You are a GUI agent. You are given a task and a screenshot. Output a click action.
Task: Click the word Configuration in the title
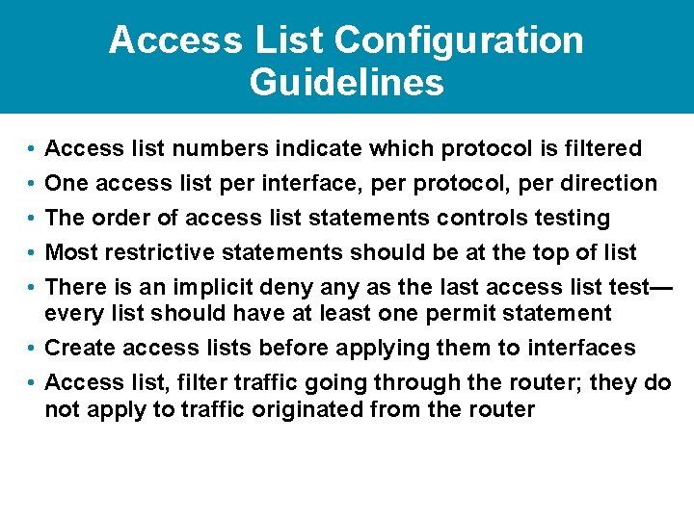click(x=458, y=40)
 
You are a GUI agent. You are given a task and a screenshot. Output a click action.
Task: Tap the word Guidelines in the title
click(x=347, y=82)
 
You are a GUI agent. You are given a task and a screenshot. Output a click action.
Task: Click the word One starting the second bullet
click(x=66, y=183)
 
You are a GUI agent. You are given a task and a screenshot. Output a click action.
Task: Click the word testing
click(x=571, y=219)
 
